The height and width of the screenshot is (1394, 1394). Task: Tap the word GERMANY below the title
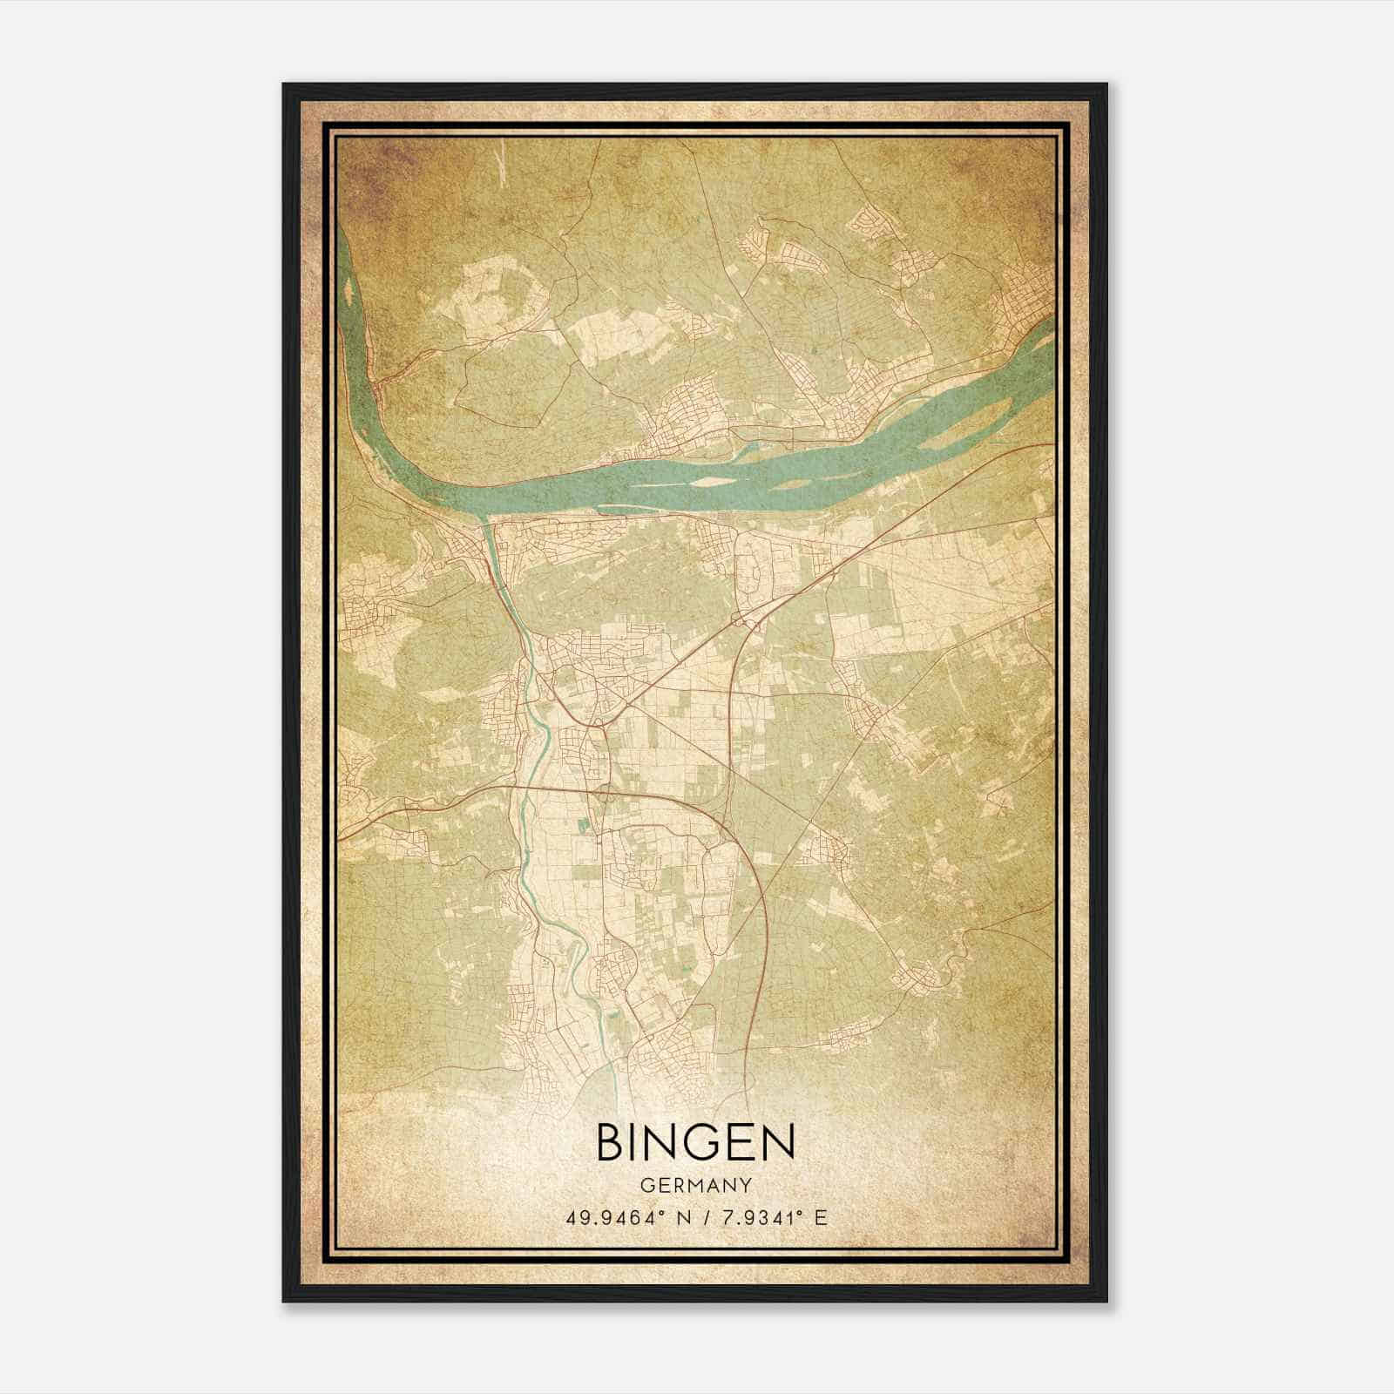click(695, 1185)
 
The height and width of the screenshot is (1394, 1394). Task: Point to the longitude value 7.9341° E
click(769, 1217)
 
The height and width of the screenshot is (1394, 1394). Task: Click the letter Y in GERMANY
click(746, 1185)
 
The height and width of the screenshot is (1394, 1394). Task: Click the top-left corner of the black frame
click(284, 85)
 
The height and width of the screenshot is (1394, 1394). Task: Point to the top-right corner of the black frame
click(1106, 85)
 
